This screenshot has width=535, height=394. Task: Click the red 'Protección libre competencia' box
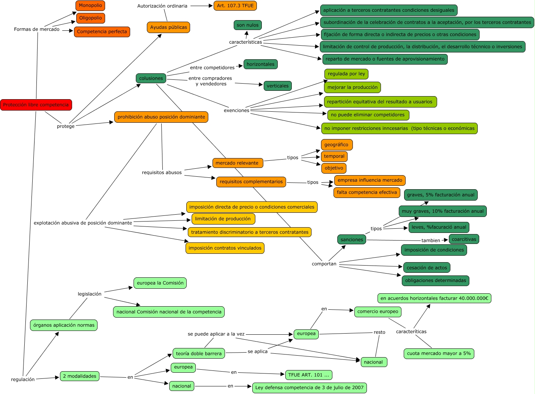pyautogui.click(x=36, y=105)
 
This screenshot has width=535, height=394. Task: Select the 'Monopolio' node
pyautogui.click(x=90, y=6)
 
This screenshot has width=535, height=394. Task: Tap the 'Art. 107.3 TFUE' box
pyautogui.click(x=235, y=6)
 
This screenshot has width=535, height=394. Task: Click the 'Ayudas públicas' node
pyautogui.click(x=168, y=27)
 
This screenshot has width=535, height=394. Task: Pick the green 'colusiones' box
pyautogui.click(x=151, y=78)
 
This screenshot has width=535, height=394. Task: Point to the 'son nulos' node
pyautogui.click(x=247, y=25)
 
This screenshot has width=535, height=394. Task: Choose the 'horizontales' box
pyautogui.click(x=260, y=64)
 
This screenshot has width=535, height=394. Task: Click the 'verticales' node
pyautogui.click(x=278, y=86)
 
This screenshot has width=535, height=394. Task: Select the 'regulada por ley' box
pyautogui.click(x=346, y=74)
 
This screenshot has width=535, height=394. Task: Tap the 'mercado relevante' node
pyautogui.click(x=237, y=163)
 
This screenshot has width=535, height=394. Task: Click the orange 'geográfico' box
pyautogui.click(x=337, y=145)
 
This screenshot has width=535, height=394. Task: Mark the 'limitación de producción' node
pyautogui.click(x=223, y=219)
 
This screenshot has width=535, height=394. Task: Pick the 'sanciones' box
pyautogui.click(x=352, y=240)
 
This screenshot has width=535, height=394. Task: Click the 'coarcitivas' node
pyautogui.click(x=464, y=239)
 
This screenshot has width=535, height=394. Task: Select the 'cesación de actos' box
pyautogui.click(x=427, y=268)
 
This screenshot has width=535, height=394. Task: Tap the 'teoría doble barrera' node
pyautogui.click(x=199, y=354)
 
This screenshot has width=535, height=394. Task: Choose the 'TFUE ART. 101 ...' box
pyautogui.click(x=308, y=375)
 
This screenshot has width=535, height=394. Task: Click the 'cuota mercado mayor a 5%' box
pyautogui.click(x=439, y=353)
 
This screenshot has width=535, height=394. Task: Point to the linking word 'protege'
pyautogui.click(x=66, y=126)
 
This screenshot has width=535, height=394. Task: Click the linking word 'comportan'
pyautogui.click(x=324, y=264)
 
